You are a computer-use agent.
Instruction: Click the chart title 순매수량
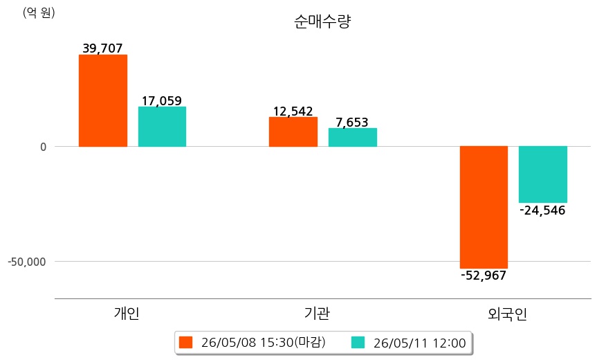[322, 21]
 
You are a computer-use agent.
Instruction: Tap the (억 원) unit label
[39, 12]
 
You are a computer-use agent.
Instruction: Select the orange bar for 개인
[103, 100]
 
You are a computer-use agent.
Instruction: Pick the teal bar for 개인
[162, 127]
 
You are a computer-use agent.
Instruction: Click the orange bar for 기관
[293, 132]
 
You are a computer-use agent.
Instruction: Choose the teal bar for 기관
[353, 137]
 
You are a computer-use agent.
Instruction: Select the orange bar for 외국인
[484, 207]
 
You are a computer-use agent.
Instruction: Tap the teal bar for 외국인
[543, 174]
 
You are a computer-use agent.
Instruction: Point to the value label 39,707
[103, 48]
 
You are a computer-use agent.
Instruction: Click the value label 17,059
[162, 100]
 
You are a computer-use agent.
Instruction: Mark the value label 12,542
[293, 111]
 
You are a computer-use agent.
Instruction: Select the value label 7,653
[352, 123]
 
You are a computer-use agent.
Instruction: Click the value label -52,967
[484, 276]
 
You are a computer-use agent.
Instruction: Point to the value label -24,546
[542, 210]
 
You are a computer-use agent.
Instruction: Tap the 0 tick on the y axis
[44, 147]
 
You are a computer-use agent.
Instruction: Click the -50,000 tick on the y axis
[27, 262]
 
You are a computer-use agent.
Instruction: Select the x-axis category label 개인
[127, 313]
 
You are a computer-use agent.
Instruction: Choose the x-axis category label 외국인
[508, 314]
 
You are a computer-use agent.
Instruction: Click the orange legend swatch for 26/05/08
[186, 343]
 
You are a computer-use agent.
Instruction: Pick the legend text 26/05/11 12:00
[420, 343]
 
